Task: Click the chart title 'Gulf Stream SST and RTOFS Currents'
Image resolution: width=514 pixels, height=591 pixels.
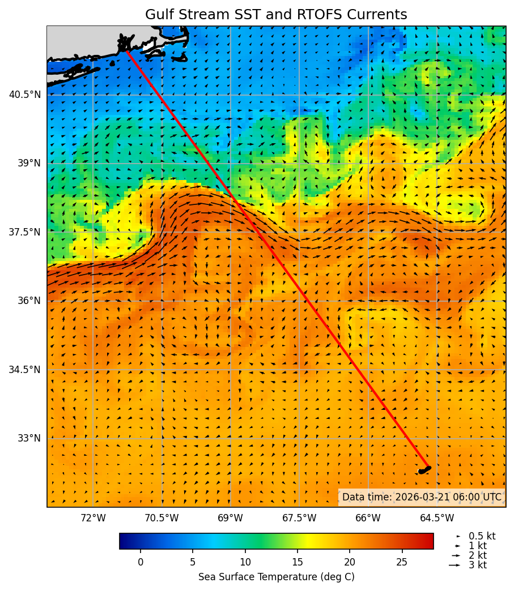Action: (276, 15)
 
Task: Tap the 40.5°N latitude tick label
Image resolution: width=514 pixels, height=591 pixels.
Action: (25, 95)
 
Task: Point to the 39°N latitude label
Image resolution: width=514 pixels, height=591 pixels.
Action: (28, 163)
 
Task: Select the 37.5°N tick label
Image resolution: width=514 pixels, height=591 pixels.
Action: (25, 232)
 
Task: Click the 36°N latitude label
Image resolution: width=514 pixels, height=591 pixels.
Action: (28, 301)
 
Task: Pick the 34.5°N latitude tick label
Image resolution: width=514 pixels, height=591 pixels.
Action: (25, 370)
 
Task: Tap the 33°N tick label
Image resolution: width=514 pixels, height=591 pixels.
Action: (28, 438)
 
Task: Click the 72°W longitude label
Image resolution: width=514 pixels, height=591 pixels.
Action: (93, 519)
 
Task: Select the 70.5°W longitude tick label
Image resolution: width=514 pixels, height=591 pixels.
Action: (162, 519)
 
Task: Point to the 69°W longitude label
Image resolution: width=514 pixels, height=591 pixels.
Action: (230, 519)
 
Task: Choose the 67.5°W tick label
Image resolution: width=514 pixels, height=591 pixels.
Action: (299, 519)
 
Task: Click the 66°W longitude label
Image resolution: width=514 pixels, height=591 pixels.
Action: (368, 519)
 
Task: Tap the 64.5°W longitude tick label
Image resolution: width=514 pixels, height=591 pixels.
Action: (437, 519)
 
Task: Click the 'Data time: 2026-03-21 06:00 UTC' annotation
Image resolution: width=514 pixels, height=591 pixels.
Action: (422, 497)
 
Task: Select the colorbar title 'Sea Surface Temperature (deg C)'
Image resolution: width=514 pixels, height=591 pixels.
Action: (276, 577)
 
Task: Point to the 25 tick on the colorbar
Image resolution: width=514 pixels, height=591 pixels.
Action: (402, 562)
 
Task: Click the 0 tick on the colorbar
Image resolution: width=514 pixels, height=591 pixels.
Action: (141, 562)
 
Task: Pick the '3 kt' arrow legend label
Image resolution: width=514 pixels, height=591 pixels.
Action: (478, 565)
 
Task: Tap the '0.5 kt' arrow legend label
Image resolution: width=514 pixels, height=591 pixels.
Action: (482, 536)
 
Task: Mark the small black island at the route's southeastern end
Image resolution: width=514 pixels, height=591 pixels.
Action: (424, 470)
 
